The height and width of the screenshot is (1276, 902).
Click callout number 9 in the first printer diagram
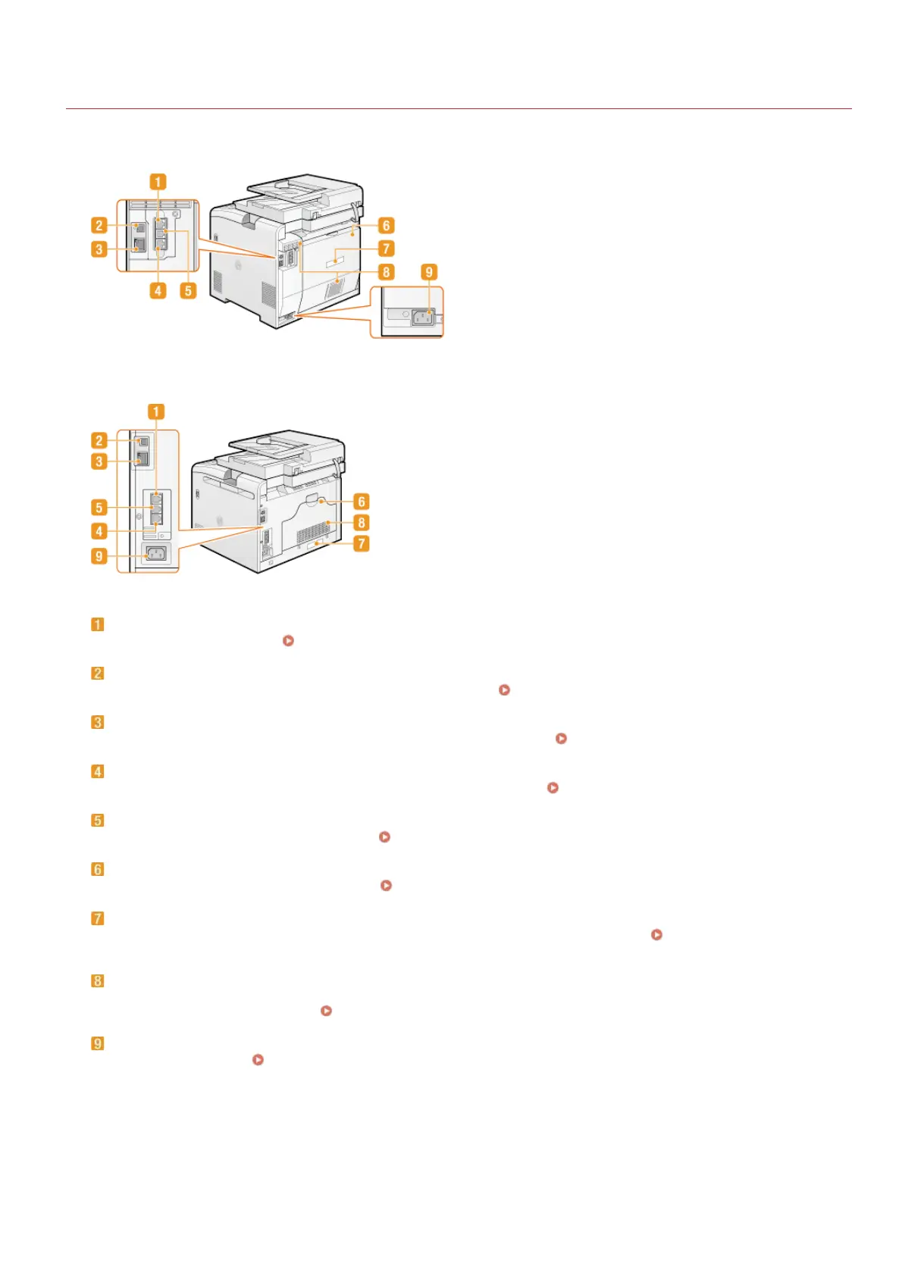429,272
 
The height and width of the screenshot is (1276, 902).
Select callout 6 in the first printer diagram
386,225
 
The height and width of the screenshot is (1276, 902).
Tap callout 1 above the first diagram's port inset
158,182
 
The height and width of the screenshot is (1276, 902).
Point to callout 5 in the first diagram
188,290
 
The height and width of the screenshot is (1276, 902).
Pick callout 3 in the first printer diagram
99,249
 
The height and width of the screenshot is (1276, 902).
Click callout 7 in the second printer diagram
362,543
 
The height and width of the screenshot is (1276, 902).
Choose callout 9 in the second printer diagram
99,556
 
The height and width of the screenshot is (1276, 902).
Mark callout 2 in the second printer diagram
99,440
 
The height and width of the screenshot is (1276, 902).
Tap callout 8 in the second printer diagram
362,522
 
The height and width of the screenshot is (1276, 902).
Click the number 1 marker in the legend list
98,624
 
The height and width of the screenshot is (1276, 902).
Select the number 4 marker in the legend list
98,771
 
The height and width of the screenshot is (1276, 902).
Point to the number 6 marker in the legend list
98,869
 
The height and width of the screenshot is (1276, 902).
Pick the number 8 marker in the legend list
98,980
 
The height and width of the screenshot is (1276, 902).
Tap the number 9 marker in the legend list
98,1043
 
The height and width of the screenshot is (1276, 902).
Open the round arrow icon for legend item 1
288,640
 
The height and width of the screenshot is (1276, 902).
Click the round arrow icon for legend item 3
561,738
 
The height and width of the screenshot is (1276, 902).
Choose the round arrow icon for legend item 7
656,934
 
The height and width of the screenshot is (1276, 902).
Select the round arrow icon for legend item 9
258,1059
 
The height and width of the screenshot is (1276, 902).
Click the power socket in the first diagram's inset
422,318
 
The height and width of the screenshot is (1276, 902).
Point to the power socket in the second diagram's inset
155,554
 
